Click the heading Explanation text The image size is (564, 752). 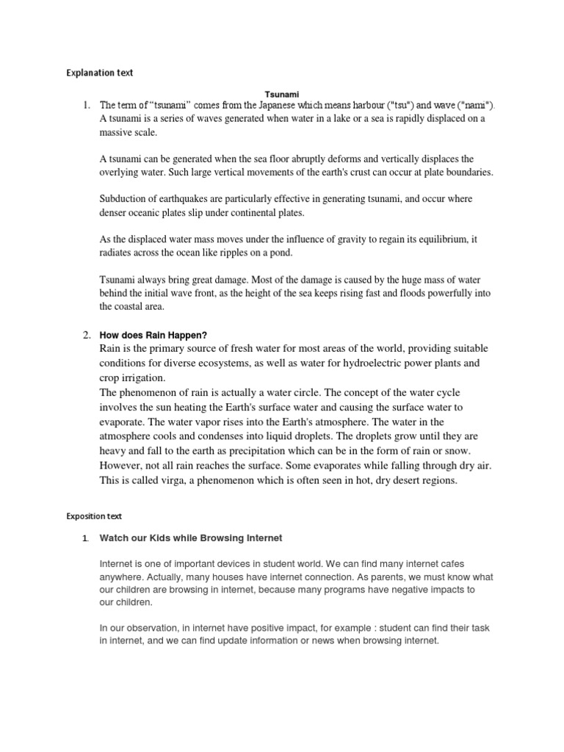pos(100,73)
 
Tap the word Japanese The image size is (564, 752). pos(293,106)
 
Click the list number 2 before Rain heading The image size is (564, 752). pos(86,335)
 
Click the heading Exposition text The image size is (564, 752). pos(95,517)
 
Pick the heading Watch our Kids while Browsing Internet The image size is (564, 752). pos(190,538)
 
